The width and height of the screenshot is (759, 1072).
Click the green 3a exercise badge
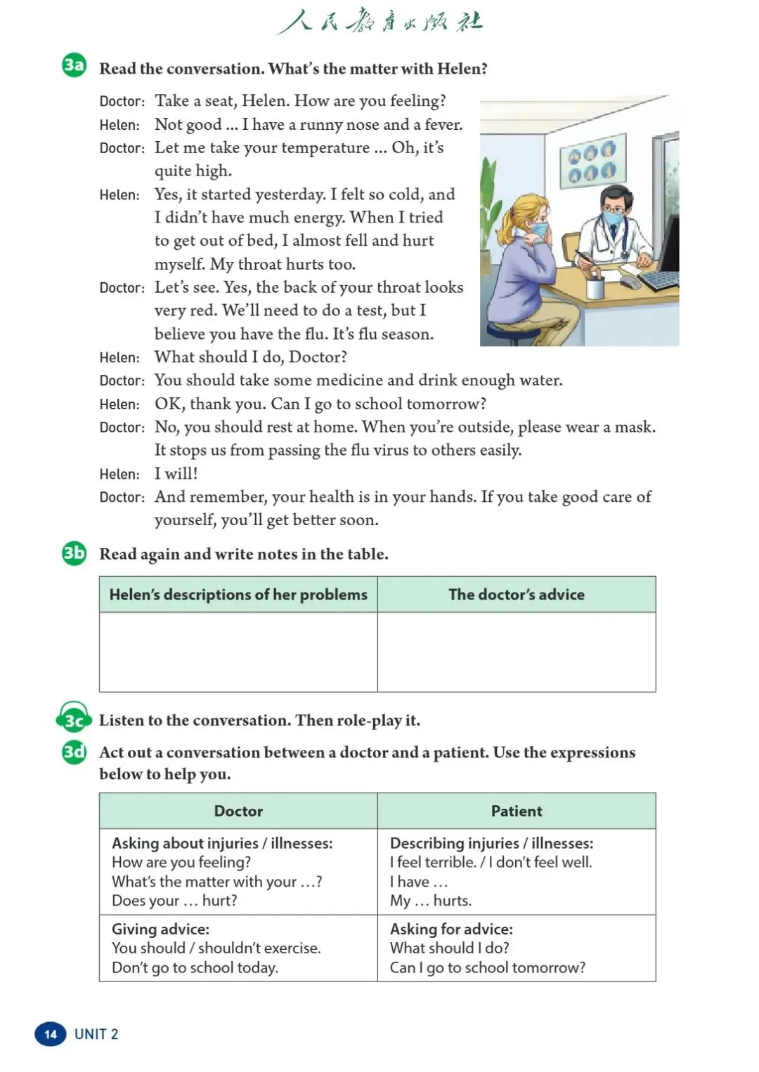click(74, 66)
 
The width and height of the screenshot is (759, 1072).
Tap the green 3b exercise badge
click(74, 553)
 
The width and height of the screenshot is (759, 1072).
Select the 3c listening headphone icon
click(74, 717)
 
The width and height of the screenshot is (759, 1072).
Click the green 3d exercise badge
click(74, 752)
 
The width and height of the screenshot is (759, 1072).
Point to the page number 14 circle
click(50, 1033)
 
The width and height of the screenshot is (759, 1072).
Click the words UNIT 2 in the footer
click(96, 1033)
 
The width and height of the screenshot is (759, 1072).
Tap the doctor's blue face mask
click(614, 217)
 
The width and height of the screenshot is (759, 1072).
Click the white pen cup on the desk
click(595, 286)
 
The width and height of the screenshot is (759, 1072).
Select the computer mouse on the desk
click(630, 282)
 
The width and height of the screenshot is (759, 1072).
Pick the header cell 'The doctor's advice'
click(517, 595)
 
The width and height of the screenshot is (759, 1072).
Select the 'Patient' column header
click(517, 811)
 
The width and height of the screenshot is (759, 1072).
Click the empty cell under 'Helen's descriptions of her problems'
click(238, 651)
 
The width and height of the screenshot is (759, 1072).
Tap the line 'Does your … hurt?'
click(174, 900)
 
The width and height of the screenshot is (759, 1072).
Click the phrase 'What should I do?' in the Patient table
click(450, 948)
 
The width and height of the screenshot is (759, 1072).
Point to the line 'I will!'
click(176, 473)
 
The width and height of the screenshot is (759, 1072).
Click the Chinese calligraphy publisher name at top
click(380, 21)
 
